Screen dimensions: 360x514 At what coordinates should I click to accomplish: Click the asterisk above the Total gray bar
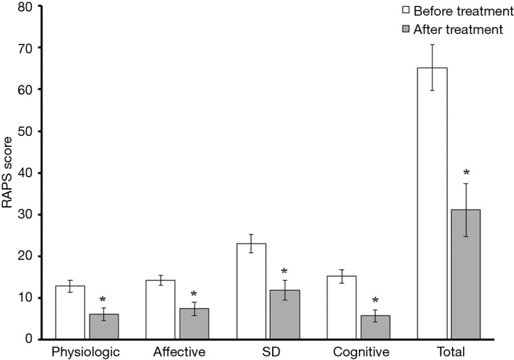click(466, 172)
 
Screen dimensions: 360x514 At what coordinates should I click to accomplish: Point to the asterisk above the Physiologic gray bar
click(102, 300)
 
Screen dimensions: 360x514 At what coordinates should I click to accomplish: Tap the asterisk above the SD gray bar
click(283, 271)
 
